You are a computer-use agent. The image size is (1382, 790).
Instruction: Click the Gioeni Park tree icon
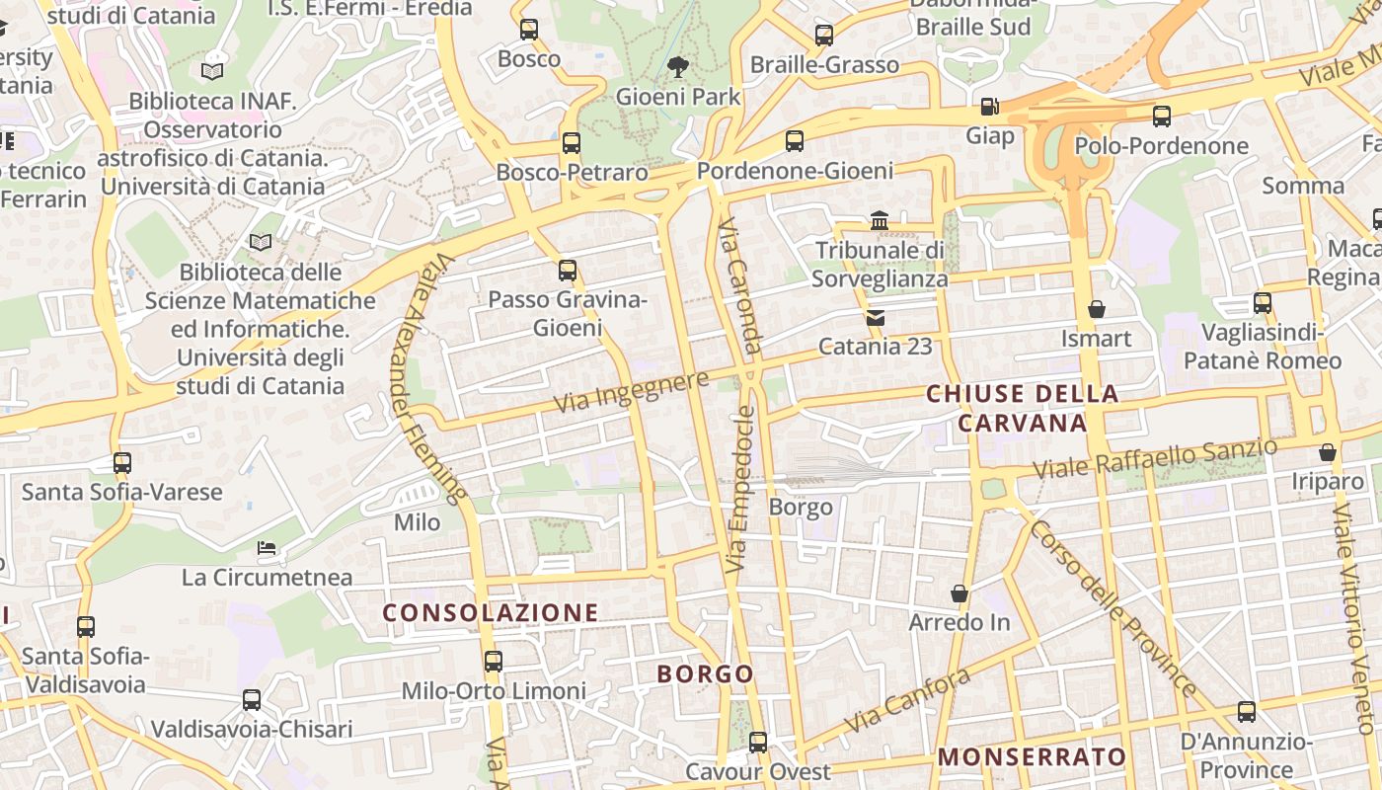tap(677, 67)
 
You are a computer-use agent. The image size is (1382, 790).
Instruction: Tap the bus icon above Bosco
tap(529, 30)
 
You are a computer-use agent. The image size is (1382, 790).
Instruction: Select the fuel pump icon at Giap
tap(989, 106)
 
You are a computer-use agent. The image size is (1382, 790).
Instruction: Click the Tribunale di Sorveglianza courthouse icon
tap(880, 220)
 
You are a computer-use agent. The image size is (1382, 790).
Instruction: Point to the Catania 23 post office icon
tap(875, 318)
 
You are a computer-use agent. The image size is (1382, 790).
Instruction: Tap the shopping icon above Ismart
tap(1096, 310)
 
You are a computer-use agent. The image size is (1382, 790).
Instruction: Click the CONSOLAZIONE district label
tap(491, 613)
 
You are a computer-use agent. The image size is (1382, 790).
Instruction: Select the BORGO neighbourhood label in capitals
tap(706, 674)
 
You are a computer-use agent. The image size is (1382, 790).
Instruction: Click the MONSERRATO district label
tap(1032, 757)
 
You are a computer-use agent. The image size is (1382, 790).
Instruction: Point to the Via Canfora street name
tap(906, 700)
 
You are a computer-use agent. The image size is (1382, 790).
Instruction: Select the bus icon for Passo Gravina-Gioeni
tap(568, 270)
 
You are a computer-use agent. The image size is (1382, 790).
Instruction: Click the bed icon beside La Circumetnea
tap(267, 547)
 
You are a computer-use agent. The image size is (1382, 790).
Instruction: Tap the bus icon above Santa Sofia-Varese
tap(122, 462)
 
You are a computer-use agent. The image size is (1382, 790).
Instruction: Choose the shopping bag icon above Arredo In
tap(959, 593)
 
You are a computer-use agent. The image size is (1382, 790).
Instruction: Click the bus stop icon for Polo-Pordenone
tap(1162, 117)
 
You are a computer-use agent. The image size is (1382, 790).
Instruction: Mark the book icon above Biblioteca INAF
tap(212, 71)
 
